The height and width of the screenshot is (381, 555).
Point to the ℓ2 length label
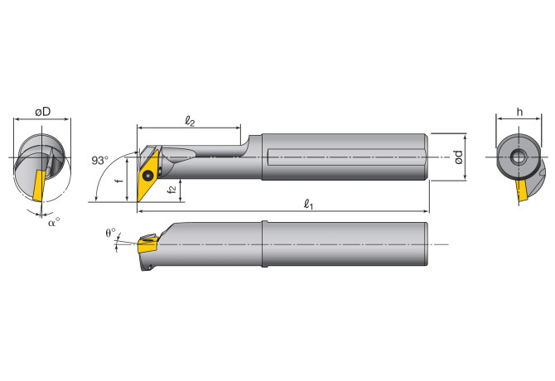coord(190,122)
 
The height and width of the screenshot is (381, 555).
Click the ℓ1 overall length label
coord(308,204)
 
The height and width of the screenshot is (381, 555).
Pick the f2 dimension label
coord(171,190)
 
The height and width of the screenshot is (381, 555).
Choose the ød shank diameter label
coord(459,156)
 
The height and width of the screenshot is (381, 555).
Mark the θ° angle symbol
coord(111,233)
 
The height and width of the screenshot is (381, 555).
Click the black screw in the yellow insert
coord(150,176)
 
